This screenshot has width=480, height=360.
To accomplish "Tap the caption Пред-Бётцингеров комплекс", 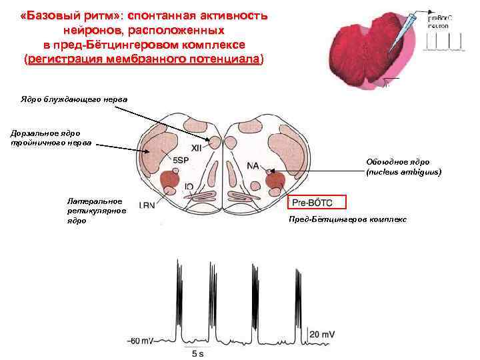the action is click(347, 219).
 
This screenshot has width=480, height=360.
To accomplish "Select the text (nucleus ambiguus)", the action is click(404, 172).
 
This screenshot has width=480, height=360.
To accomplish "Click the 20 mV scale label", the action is click(323, 333).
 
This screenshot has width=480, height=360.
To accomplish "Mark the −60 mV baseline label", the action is click(141, 341).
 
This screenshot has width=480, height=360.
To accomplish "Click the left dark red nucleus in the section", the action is click(170, 179).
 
